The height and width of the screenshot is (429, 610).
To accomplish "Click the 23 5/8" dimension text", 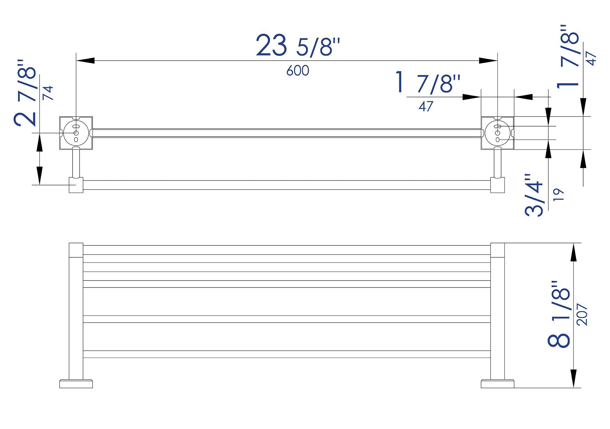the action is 297,46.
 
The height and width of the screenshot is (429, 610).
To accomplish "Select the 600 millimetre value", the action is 298,71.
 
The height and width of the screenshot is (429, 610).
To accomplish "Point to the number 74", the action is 48,93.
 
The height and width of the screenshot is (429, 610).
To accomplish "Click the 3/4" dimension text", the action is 534,195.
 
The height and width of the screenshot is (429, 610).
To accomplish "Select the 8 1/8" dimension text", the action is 559,314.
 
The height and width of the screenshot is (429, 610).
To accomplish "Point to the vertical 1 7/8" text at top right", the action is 568,57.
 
